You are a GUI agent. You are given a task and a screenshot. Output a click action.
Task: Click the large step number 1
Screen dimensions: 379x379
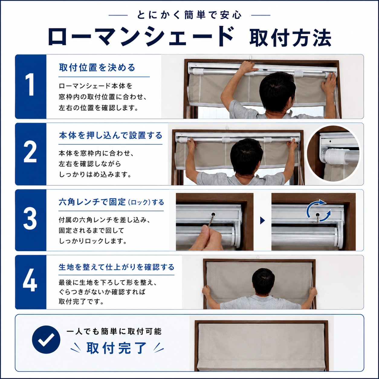click(x=30, y=85)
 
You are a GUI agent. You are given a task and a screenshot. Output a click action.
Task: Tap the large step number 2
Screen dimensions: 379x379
click(x=30, y=152)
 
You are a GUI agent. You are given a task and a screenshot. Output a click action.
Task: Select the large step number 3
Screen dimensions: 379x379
click(x=30, y=219)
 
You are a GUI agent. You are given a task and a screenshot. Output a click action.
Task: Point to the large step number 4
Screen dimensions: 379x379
click(x=30, y=280)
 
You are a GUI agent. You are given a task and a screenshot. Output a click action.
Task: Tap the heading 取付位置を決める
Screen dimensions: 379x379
click(x=97, y=67)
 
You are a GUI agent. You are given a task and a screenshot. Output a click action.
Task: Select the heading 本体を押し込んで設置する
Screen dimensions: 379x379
click(x=111, y=135)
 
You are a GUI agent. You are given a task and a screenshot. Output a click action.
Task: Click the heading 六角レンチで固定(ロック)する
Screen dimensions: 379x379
click(x=111, y=202)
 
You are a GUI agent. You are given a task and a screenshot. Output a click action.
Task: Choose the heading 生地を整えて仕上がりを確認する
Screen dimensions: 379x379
click(x=117, y=267)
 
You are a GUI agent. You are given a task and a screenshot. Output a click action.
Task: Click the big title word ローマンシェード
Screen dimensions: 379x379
click(x=141, y=36)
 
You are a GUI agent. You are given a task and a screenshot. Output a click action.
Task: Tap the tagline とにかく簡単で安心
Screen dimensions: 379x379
click(x=189, y=15)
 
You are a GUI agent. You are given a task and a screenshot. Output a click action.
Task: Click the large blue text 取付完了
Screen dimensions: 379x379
click(x=117, y=348)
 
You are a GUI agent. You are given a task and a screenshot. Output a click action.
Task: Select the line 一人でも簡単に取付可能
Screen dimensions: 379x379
click(x=114, y=332)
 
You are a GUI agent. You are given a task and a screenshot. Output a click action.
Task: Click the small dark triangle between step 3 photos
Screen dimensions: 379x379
click(x=262, y=220)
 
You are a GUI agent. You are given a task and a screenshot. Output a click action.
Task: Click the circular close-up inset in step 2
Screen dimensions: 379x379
click(x=334, y=154)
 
